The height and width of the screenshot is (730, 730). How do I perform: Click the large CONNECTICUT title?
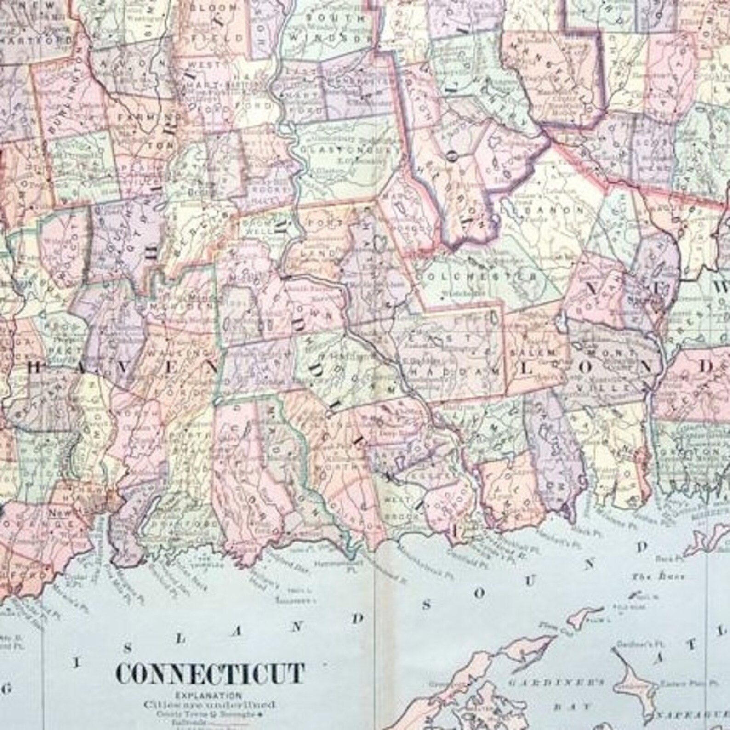210,674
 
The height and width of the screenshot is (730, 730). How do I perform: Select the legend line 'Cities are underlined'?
209,703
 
